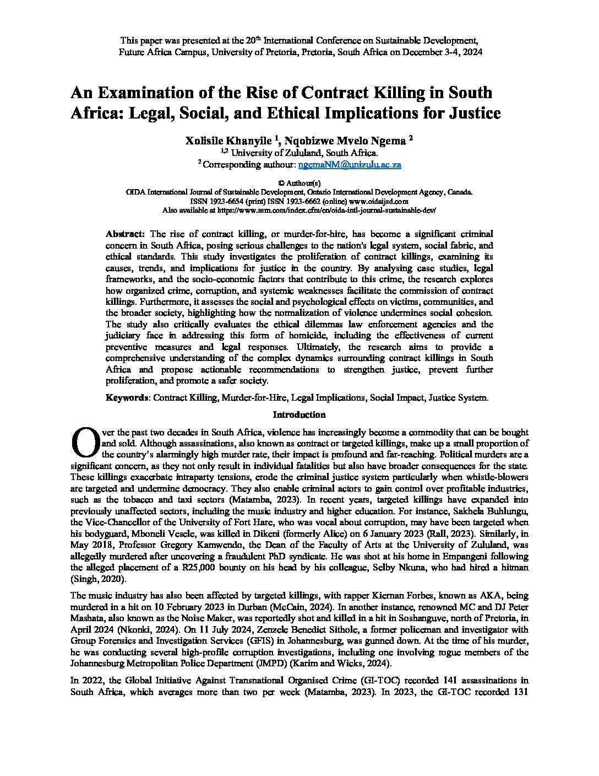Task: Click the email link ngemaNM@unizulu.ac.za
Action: [x=349, y=164]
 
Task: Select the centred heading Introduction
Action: [x=299, y=414]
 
